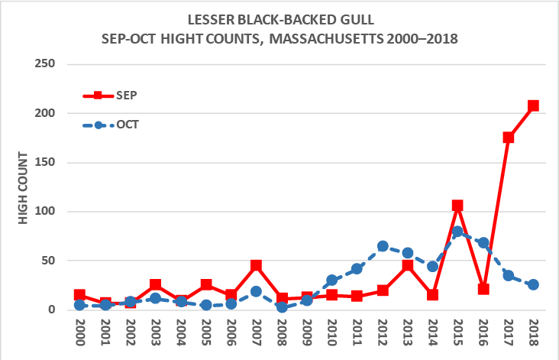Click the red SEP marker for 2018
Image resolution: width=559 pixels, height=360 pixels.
(533, 105)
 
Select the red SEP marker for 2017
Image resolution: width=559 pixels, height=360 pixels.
(508, 138)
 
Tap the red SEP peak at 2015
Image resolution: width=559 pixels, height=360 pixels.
(457, 206)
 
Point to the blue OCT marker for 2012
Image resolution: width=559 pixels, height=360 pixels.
(383, 246)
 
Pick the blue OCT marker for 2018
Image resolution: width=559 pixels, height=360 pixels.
(533, 284)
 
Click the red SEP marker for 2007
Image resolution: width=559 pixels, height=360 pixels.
(257, 265)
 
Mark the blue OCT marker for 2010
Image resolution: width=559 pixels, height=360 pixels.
(332, 281)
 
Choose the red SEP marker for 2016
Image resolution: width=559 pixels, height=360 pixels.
(483, 289)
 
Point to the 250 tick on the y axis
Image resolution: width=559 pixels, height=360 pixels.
(46, 63)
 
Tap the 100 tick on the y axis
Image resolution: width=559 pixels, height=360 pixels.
(46, 212)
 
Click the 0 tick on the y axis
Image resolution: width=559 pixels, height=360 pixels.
(52, 310)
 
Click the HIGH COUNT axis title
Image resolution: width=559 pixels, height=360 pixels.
(23, 187)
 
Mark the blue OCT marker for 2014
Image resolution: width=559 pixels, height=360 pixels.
(432, 267)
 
